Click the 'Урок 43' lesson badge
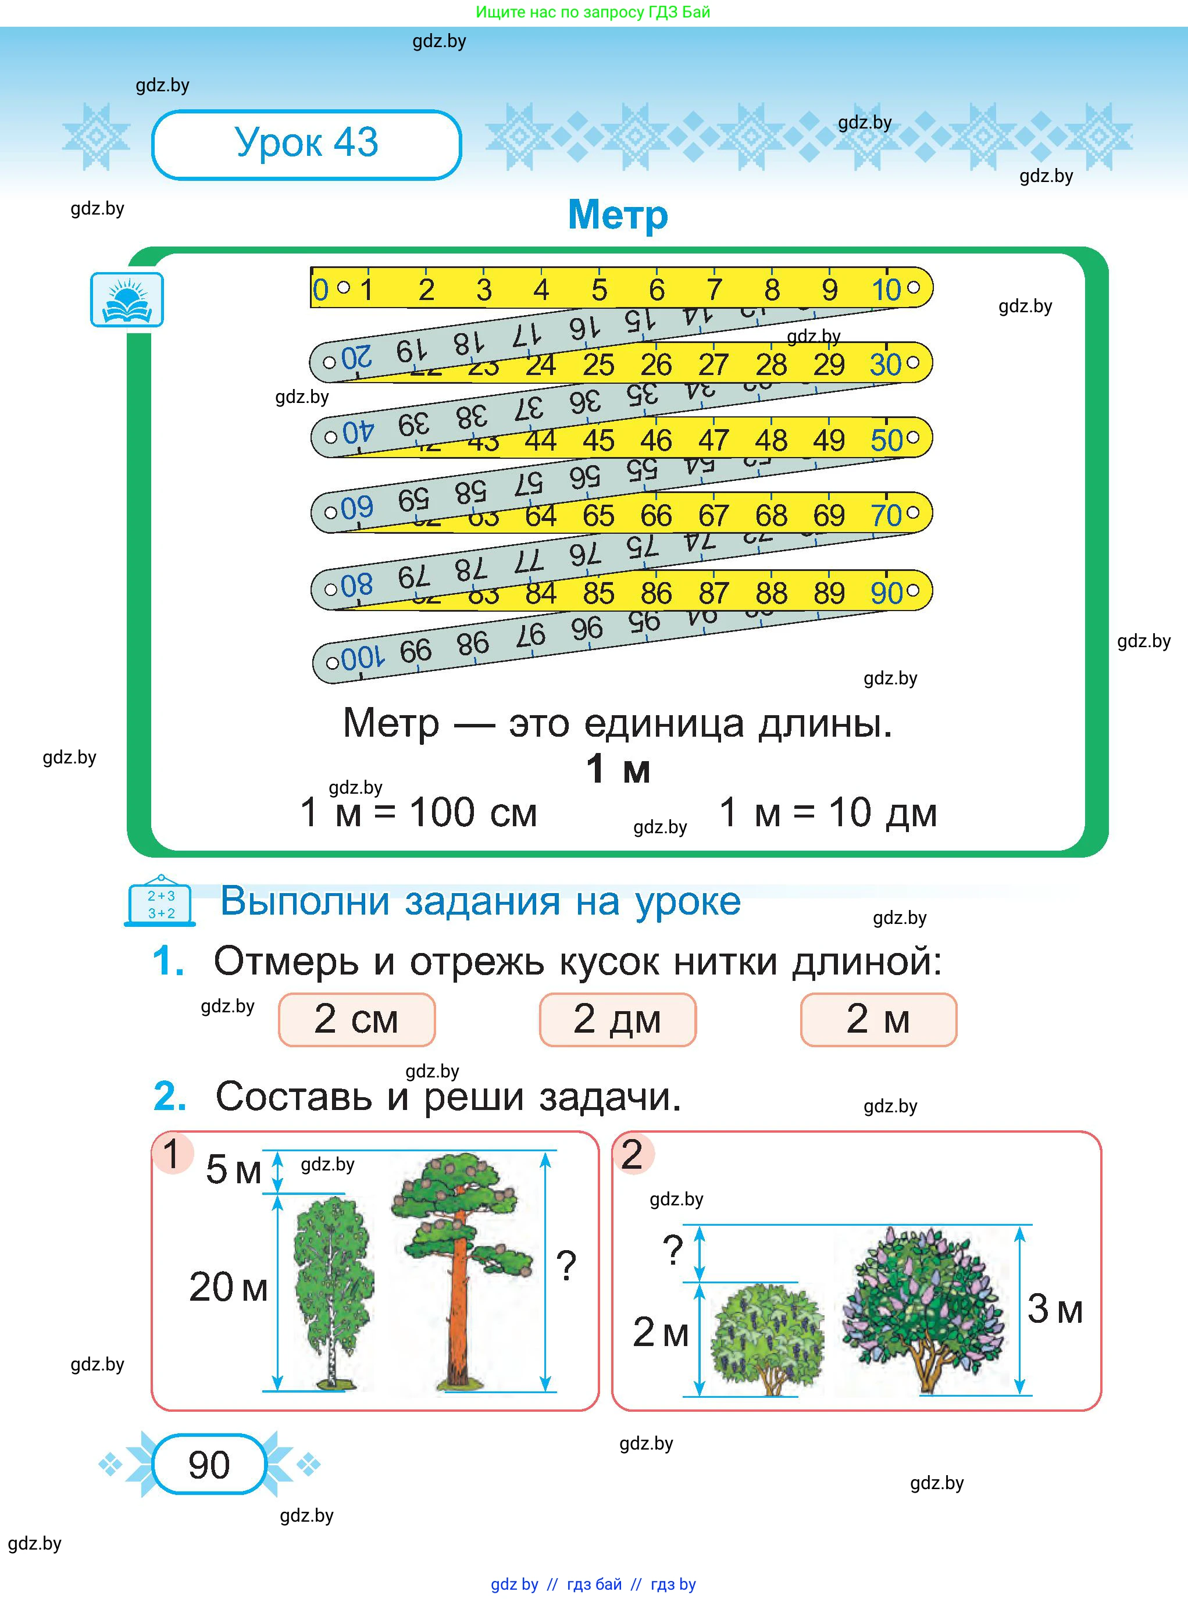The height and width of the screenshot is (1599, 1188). [306, 144]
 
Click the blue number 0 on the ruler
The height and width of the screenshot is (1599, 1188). [320, 290]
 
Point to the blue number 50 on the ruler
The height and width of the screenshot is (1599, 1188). [886, 440]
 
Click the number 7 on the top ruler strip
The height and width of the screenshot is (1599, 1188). [713, 290]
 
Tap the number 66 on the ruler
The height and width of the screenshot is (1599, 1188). [656, 516]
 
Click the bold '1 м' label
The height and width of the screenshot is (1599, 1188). [617, 769]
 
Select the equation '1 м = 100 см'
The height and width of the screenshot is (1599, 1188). [419, 812]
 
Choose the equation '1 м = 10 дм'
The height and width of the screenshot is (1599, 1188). [827, 812]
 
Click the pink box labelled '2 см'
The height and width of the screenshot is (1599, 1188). [356, 1019]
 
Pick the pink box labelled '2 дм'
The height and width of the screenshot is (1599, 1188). [617, 1019]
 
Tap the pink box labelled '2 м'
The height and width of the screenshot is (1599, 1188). [878, 1019]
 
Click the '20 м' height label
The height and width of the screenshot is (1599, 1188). [228, 1286]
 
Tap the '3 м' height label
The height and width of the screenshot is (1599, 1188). [1054, 1308]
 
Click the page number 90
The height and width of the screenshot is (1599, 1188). [209, 1465]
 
